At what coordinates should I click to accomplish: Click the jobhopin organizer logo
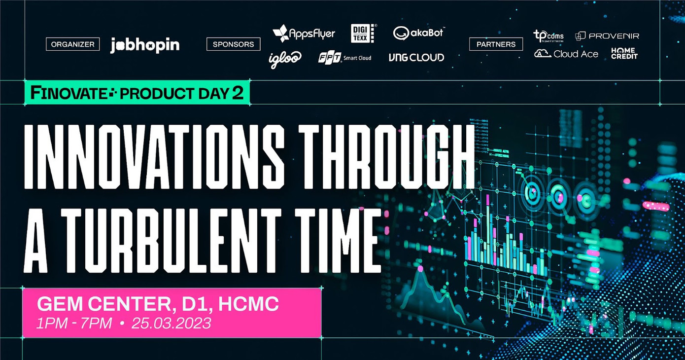(144, 45)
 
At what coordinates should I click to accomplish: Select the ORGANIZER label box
(73, 44)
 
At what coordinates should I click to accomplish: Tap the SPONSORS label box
(233, 44)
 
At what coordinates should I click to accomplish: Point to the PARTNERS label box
(496, 44)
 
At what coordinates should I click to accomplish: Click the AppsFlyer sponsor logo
(304, 34)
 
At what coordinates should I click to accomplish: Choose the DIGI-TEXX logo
(363, 33)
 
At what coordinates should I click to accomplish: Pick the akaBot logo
(418, 33)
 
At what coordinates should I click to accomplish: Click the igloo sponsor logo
(285, 59)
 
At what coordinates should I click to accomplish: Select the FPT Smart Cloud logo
(344, 58)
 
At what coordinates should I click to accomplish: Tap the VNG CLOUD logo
(416, 58)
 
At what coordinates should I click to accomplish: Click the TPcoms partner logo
(548, 36)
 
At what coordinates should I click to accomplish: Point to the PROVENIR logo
(607, 36)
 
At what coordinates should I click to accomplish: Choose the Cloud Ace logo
(566, 54)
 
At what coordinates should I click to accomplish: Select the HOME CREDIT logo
(624, 53)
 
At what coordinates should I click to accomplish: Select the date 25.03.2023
(171, 324)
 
